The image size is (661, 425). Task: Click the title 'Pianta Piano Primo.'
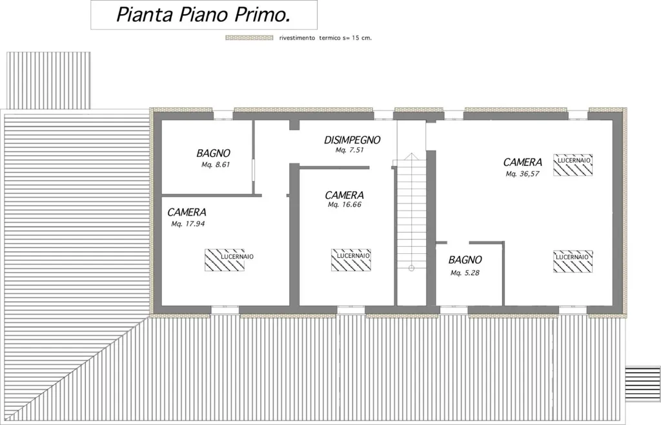[x=203, y=15]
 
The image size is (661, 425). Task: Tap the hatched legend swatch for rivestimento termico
[x=249, y=37]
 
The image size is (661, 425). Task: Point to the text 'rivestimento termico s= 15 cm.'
[x=325, y=38]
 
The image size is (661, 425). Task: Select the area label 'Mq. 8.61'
[x=216, y=165]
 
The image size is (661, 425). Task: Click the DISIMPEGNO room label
[x=352, y=140]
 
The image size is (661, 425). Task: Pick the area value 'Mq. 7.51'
[x=349, y=150]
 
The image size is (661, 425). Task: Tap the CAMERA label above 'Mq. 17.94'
[x=187, y=212]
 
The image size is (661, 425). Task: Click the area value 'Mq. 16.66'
[x=345, y=205]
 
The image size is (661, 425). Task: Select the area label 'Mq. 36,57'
[x=522, y=174]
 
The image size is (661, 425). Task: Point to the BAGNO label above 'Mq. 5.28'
[x=465, y=260]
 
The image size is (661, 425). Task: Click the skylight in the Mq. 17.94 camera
[x=225, y=260]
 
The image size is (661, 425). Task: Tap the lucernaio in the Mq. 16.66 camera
[x=351, y=260]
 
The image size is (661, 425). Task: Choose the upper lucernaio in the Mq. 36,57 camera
[x=573, y=165]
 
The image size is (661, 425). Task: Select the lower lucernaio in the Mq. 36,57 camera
[x=573, y=262]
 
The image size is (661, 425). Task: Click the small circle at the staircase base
[x=411, y=268]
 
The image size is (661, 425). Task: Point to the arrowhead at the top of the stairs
[x=411, y=156]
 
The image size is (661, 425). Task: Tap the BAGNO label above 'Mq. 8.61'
[x=213, y=154]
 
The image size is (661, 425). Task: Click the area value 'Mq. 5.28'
[x=465, y=273]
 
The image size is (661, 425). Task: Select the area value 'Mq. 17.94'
[x=188, y=224]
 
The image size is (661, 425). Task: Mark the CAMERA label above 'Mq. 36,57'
[x=523, y=162]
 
